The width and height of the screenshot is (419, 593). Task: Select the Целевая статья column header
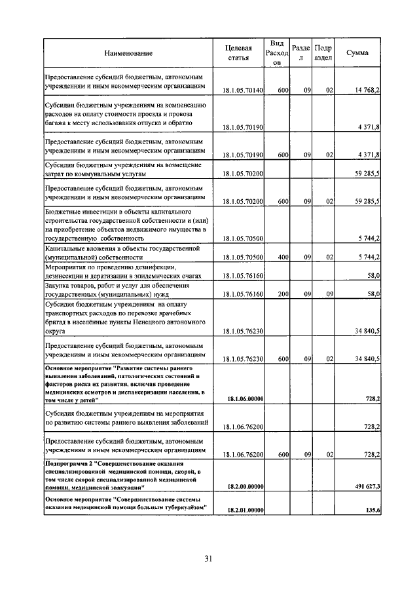click(238, 52)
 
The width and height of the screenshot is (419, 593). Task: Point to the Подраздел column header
click(323, 52)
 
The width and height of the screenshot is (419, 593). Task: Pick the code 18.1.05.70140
click(243, 90)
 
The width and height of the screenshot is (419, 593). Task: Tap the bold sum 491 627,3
click(364, 486)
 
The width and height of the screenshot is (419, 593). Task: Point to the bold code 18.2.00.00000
click(245, 486)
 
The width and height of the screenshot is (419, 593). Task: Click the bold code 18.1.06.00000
click(245, 398)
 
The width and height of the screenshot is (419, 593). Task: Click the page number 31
click(208, 559)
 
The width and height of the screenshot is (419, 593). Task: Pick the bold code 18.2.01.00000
click(245, 510)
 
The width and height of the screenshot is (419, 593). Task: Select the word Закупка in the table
click(60, 286)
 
